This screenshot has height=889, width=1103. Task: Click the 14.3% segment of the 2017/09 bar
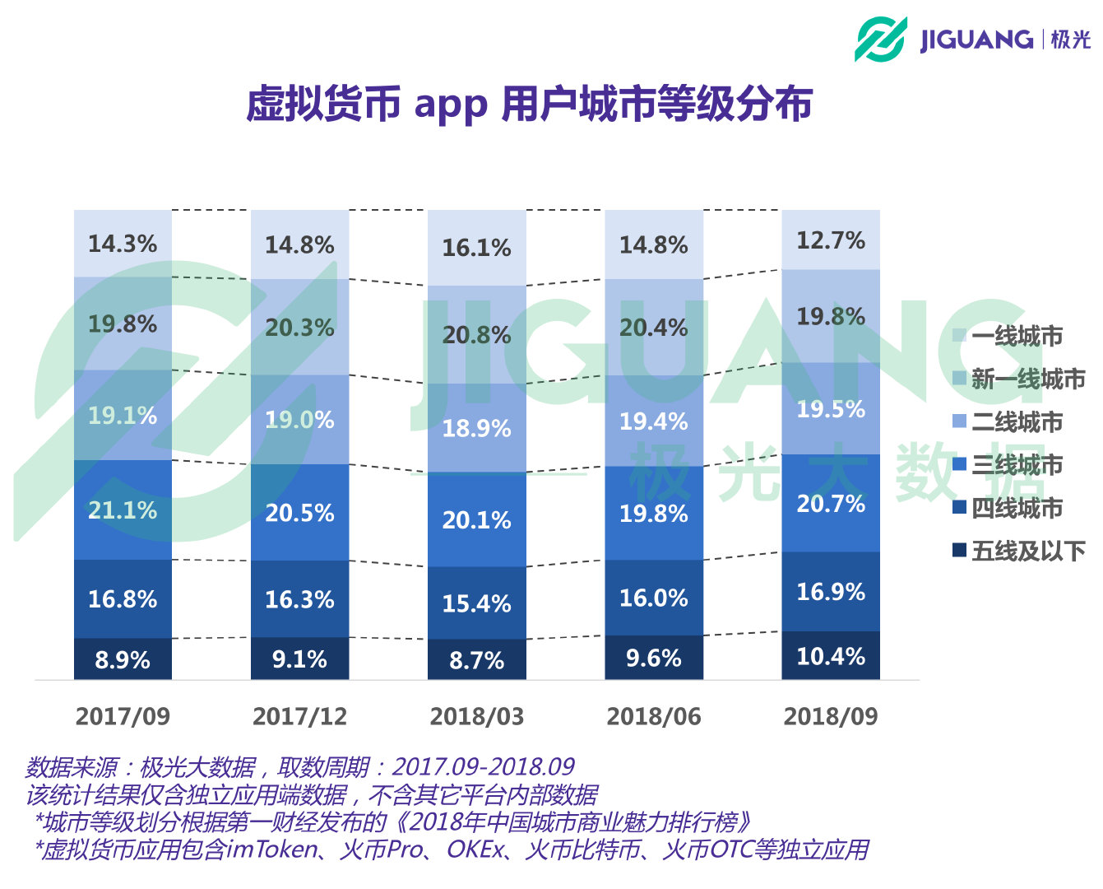(x=123, y=244)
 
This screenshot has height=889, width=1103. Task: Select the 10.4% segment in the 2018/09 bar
(x=831, y=656)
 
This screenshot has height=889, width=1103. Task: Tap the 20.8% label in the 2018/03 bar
(x=476, y=335)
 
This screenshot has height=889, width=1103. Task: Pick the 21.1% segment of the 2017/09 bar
(x=123, y=510)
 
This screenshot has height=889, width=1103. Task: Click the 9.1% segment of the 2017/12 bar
(x=299, y=659)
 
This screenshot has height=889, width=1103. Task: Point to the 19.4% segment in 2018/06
(x=654, y=421)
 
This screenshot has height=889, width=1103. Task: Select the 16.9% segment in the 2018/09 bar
(x=831, y=592)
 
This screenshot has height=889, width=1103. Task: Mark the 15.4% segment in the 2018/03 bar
(x=476, y=603)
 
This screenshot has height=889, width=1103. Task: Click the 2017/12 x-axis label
(x=299, y=716)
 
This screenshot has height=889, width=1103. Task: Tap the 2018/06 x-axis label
(x=654, y=716)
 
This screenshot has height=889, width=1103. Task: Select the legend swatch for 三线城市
(x=959, y=464)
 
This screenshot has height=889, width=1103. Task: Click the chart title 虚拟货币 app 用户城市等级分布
(x=529, y=104)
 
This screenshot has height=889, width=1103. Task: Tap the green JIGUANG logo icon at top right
(x=880, y=39)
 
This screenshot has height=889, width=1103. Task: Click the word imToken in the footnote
(x=271, y=849)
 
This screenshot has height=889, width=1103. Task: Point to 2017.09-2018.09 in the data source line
(x=483, y=767)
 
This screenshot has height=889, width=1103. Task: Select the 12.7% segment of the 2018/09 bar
(x=831, y=240)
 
